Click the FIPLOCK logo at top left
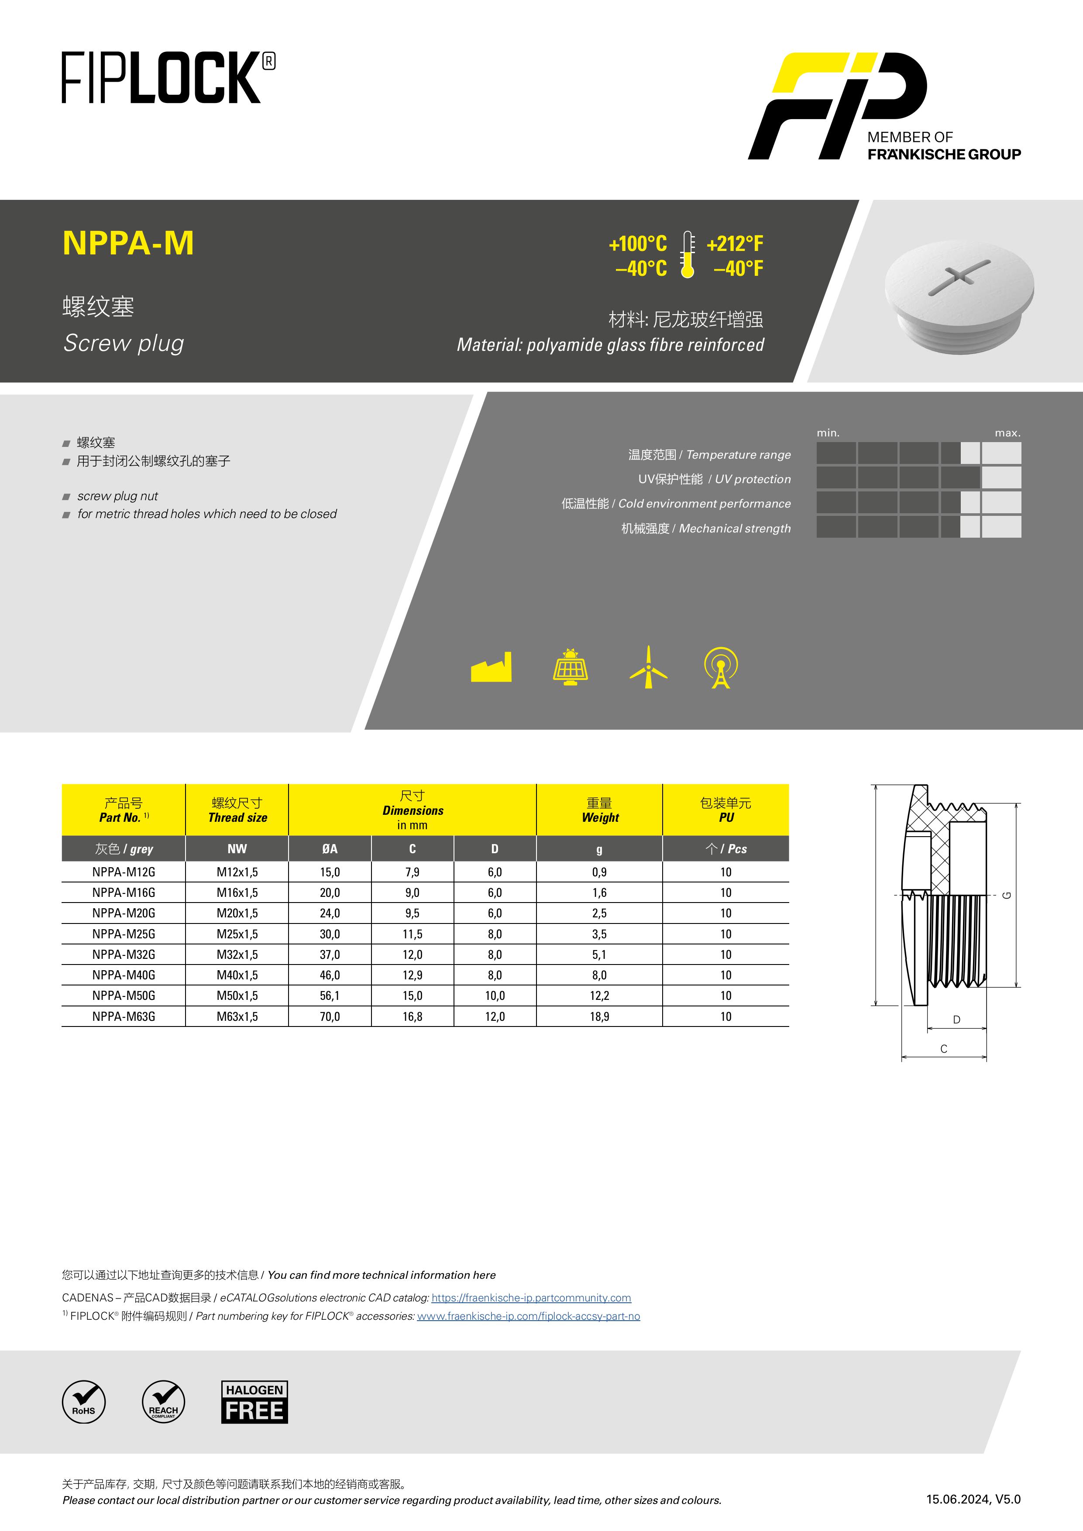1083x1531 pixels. tap(168, 78)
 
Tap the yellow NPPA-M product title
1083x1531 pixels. tap(128, 243)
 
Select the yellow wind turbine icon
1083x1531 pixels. tap(648, 667)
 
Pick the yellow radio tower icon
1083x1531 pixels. tap(721, 667)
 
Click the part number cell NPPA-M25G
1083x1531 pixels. tap(124, 934)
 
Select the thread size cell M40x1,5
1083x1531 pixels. tap(237, 975)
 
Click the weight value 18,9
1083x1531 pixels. tap(599, 1016)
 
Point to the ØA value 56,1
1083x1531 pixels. tap(330, 995)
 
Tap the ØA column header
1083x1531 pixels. tap(330, 849)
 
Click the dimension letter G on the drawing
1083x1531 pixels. tap(1007, 895)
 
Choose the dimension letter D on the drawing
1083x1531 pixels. tap(956, 1020)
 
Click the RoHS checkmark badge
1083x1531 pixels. tap(84, 1402)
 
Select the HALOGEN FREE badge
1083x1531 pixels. tap(255, 1402)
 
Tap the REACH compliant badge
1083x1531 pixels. tap(163, 1402)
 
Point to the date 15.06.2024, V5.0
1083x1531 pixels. tap(973, 1499)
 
